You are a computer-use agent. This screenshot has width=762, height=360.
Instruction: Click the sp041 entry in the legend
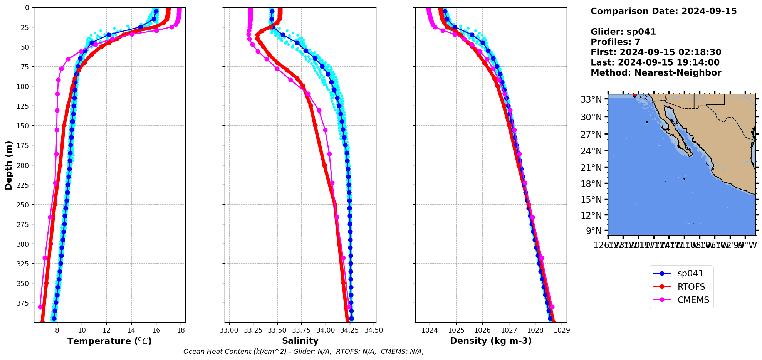coord(690,274)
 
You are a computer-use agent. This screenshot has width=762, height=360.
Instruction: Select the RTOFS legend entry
coord(691,287)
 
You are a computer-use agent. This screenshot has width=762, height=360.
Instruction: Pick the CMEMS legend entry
coord(693,300)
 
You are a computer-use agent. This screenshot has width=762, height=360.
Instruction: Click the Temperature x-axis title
coord(109,341)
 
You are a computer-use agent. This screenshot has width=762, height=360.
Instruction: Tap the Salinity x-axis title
coord(300,341)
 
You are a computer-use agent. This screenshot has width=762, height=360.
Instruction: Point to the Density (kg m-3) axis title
coord(491,341)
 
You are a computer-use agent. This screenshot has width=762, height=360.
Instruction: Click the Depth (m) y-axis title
coord(8,165)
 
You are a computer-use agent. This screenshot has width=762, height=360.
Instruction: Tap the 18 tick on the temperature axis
coord(181,330)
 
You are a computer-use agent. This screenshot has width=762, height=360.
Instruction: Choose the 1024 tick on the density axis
coord(430,330)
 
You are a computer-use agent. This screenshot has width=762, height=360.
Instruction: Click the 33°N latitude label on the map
coord(591,100)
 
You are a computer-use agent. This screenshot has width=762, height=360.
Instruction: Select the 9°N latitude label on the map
coord(594,231)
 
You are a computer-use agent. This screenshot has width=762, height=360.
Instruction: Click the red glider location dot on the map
coord(634,95)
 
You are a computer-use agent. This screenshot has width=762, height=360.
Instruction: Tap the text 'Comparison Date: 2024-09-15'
coord(663,11)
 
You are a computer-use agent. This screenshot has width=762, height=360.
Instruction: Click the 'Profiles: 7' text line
coord(615,42)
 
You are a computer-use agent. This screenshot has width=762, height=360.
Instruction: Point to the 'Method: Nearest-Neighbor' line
coord(656,73)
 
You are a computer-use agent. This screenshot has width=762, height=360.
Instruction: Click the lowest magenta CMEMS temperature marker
coord(40,307)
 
